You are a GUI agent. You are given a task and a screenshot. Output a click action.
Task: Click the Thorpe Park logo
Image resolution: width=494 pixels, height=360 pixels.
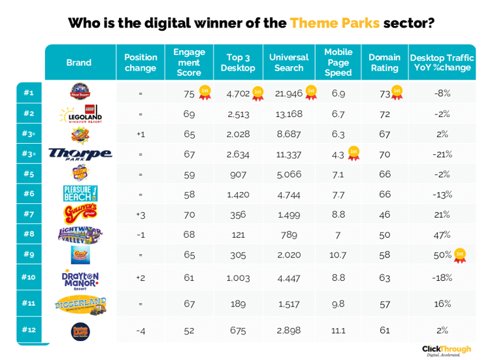(80, 154)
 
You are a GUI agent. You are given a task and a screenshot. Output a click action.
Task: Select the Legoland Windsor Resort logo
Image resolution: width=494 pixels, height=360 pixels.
(80, 114)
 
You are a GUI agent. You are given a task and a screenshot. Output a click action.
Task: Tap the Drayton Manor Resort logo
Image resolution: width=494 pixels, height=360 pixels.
(80, 278)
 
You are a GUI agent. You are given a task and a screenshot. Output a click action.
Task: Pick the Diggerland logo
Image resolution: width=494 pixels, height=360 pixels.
(80, 304)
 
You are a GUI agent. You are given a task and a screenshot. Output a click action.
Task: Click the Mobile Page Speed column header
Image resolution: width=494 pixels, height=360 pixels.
(338, 62)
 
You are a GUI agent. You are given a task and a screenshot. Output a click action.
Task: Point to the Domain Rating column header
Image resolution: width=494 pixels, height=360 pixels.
(384, 62)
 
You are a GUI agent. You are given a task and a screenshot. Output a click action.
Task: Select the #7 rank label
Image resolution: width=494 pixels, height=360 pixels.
(29, 214)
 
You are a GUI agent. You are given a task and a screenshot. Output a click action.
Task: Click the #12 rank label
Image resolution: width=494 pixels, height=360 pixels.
(29, 330)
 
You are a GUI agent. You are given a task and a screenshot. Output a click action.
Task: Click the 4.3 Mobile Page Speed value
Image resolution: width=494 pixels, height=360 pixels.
(338, 155)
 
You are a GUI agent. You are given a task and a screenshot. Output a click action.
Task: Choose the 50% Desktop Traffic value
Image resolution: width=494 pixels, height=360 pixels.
(442, 255)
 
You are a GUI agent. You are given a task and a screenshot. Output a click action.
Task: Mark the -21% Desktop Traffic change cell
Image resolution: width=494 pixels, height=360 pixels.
(442, 155)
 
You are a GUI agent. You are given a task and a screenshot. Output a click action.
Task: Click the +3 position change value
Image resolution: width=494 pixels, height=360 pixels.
(140, 214)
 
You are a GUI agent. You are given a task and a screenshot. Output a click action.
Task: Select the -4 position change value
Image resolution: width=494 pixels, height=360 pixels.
(140, 331)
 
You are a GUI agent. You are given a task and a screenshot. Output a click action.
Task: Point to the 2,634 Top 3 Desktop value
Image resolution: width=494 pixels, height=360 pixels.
(238, 155)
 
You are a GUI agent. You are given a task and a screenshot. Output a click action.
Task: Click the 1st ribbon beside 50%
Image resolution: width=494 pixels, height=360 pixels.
(460, 254)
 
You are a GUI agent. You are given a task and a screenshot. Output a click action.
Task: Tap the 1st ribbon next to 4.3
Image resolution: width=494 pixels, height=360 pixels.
(354, 154)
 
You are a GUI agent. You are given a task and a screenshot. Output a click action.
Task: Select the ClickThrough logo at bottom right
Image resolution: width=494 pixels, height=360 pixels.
(446, 350)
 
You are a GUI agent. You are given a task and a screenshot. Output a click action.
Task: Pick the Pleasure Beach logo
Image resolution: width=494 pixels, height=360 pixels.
(80, 193)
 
